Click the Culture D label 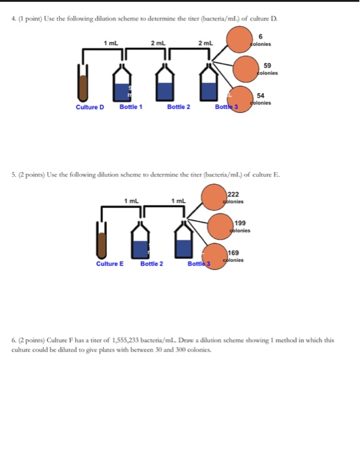90,106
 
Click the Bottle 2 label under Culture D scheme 179,106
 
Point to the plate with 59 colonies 246,68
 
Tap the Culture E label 110,264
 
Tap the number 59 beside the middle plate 267,66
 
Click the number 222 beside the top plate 234,194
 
